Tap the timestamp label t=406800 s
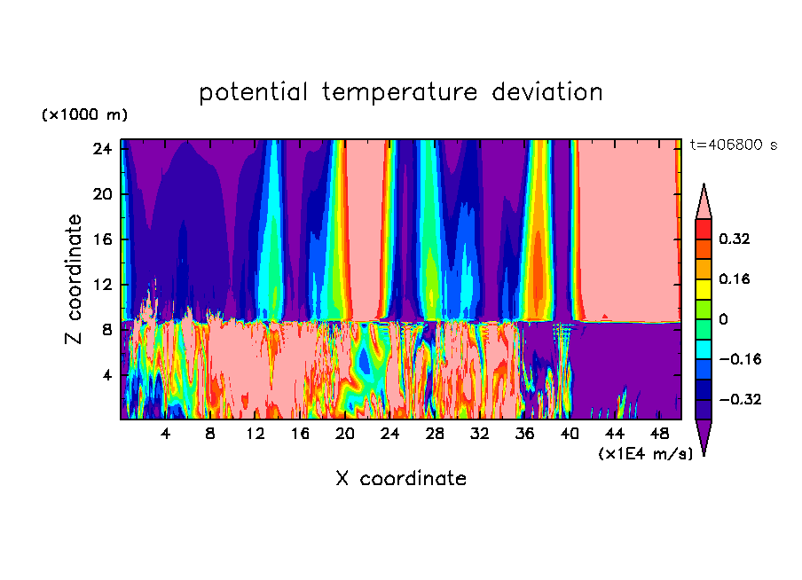(x=733, y=145)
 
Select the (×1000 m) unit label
(x=84, y=114)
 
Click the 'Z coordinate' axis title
(x=75, y=279)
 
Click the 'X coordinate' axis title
(x=401, y=479)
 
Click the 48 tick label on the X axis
(x=659, y=435)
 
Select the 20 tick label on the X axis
(x=344, y=435)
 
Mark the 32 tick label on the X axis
(x=479, y=435)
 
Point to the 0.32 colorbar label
(x=735, y=239)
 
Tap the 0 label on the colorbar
(x=723, y=319)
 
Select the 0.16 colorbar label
(x=735, y=278)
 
